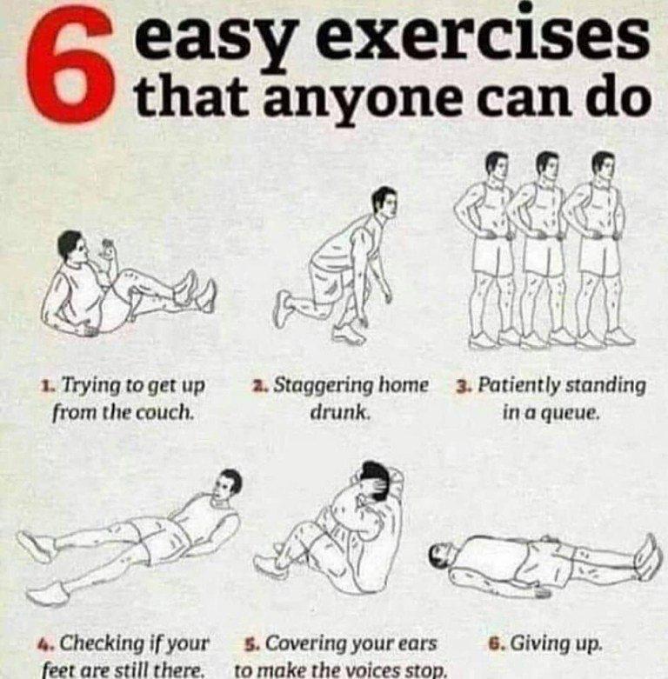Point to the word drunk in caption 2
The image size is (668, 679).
click(x=340, y=412)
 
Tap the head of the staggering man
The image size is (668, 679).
click(x=385, y=203)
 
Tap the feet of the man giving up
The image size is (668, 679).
click(x=650, y=557)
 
